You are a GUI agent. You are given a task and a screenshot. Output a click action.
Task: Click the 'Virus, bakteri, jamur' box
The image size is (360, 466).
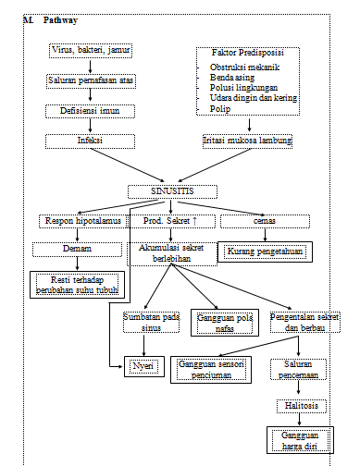pos(91,49)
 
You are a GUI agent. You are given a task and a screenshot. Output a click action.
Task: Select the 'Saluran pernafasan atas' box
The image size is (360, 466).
pos(91,81)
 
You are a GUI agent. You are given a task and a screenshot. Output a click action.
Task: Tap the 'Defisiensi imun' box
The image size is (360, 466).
pos(91,111)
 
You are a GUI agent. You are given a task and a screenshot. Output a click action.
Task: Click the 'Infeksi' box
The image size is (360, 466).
pos(91,142)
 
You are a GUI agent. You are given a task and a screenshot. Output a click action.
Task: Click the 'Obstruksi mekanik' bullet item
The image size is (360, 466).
pos(246,69)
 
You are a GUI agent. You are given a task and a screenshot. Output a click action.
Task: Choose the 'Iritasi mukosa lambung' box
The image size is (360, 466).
pos(247,141)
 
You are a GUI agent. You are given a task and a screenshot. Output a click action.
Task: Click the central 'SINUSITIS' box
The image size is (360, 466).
pos(172,192)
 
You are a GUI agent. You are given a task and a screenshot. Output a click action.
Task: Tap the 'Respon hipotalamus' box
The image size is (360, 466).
pos(82,221)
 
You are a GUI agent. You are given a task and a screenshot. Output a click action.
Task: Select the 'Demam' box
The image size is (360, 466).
pos(77,250)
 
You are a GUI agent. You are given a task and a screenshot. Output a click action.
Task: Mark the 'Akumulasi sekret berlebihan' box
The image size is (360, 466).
pos(170,254)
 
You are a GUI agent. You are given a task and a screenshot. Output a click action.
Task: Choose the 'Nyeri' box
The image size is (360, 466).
pos(143,367)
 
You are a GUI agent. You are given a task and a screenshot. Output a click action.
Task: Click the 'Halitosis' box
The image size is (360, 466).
pos(298,406)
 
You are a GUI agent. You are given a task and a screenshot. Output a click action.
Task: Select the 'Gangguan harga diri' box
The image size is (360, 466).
pos(298,441)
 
